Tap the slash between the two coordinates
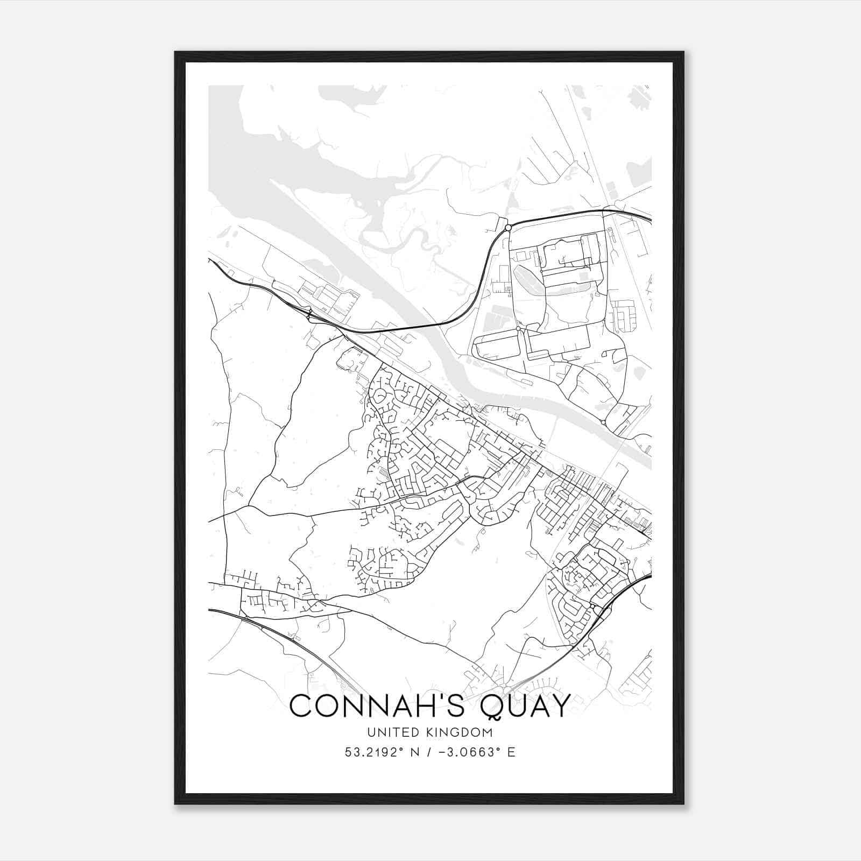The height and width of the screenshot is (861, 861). [427, 752]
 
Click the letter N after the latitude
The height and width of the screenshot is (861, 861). [415, 752]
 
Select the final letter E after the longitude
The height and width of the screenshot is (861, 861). [511, 752]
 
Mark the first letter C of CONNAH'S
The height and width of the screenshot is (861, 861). [301, 706]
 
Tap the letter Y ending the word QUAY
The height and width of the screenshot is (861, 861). [559, 706]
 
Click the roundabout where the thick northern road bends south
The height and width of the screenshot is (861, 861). [507, 228]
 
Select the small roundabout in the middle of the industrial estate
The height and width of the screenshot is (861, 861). [518, 328]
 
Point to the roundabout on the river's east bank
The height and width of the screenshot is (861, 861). [603, 423]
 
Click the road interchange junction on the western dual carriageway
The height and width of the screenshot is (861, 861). [309, 314]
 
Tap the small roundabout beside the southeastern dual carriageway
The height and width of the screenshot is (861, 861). [592, 606]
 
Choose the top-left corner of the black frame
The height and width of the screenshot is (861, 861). [175, 52]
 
